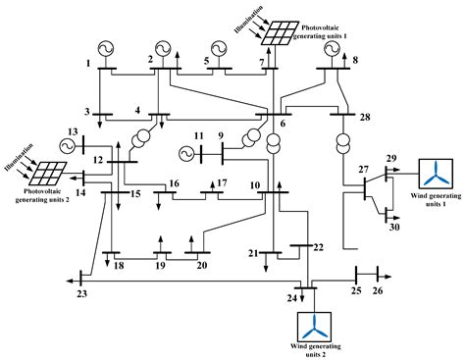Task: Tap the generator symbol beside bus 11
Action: click(183, 152)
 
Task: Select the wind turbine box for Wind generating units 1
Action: click(432, 173)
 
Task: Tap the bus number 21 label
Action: click(254, 253)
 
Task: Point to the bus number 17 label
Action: click(222, 182)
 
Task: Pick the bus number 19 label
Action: click(160, 265)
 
